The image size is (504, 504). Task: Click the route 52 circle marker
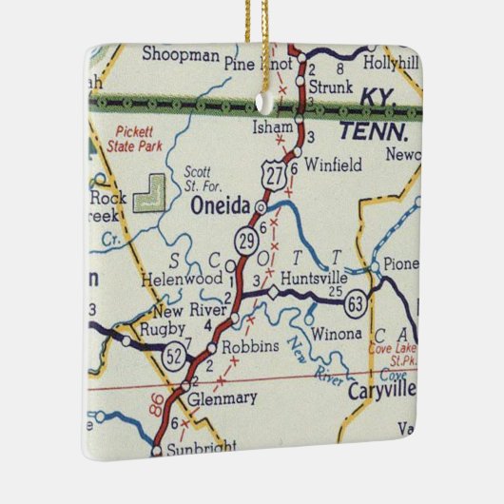[x=174, y=357]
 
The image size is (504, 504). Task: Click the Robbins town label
[x=250, y=348]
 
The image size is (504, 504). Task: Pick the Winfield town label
[x=333, y=165]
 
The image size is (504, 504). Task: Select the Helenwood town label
[x=182, y=280]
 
